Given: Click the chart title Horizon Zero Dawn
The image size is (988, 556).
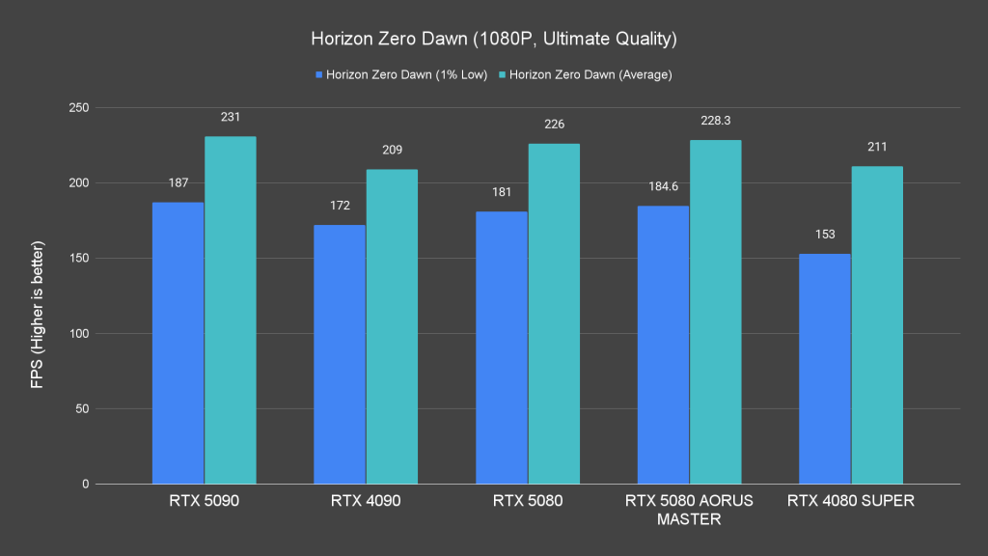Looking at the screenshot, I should point(493,40).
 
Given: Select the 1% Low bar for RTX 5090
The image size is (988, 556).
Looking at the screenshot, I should point(178,343).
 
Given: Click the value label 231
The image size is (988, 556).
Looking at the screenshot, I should point(231,117).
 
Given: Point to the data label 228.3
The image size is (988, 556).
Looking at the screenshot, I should point(715,121).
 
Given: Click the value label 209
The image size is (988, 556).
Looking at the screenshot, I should point(392,150).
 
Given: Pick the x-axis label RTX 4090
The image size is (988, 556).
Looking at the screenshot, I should point(366,501).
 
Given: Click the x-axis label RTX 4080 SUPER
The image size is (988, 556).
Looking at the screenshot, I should point(851,501).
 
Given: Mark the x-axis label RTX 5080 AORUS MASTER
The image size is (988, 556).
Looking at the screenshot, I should point(689,510).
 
